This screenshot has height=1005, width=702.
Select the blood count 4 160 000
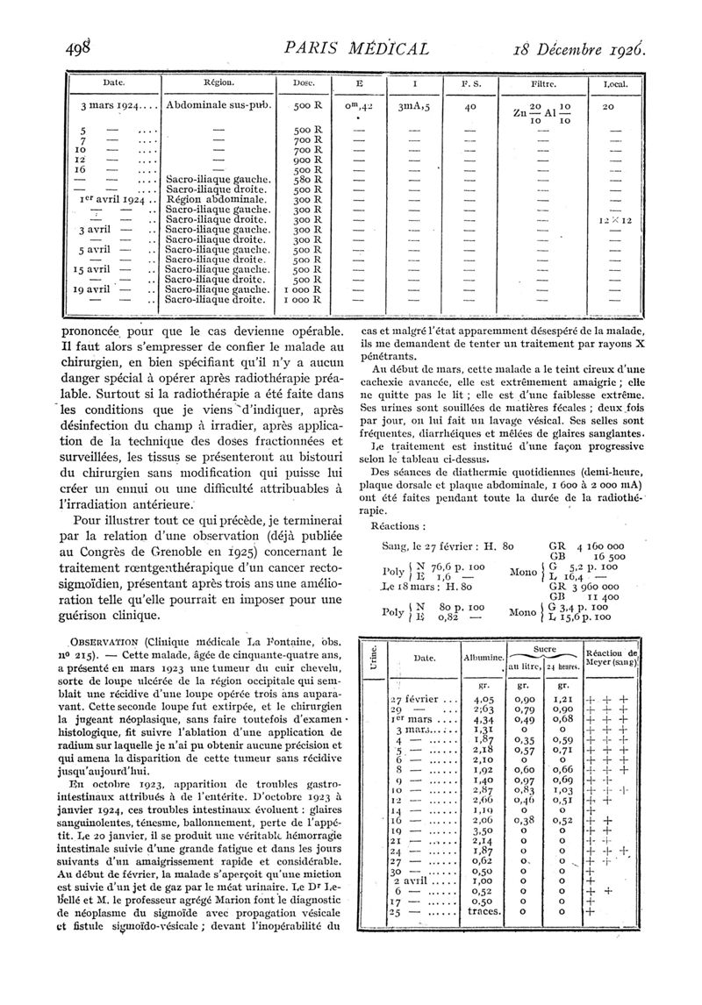(x=601, y=545)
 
